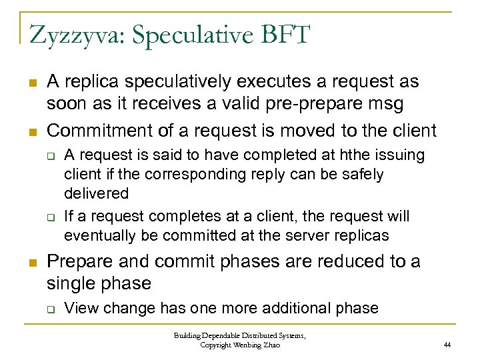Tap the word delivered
pyautogui.click(x=96, y=193)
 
